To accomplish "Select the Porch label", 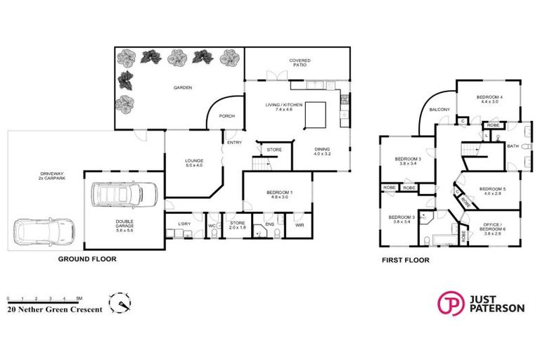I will coord(226,116).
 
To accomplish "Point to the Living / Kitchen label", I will coord(284,107).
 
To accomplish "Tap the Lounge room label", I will coord(193,162).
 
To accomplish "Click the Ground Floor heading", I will coord(87,259).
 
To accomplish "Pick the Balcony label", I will coord(439,109).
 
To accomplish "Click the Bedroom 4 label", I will coord(489,99).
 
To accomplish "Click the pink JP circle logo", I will coord(449,303).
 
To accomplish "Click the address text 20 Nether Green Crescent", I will coord(55,309).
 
